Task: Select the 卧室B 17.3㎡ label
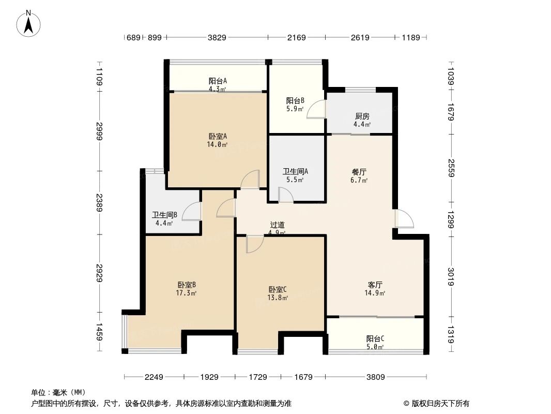click(186, 289)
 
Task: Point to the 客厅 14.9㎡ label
click(375, 289)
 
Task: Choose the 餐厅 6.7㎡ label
click(359, 176)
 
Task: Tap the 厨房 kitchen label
click(362, 120)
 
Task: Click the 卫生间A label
click(296, 175)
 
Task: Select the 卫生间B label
click(164, 219)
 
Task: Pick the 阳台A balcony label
click(218, 85)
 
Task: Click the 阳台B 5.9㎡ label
click(295, 105)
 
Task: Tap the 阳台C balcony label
click(375, 343)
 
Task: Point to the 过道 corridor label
click(277, 228)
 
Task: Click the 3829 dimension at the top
click(217, 37)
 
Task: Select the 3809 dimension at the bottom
click(375, 377)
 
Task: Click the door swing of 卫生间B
click(191, 211)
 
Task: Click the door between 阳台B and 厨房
click(316, 110)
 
